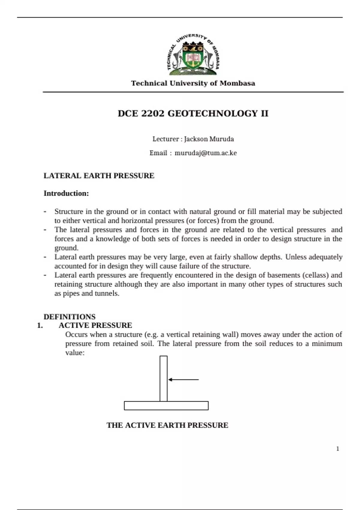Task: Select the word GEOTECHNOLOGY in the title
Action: click(x=212, y=113)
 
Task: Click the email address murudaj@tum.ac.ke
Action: click(x=205, y=153)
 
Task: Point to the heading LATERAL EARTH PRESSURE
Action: click(x=99, y=176)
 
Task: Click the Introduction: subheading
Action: click(x=66, y=193)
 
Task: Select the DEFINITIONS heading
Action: click(x=69, y=317)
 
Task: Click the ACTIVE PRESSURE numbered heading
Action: click(x=95, y=325)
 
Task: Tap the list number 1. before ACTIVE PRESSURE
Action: click(x=40, y=325)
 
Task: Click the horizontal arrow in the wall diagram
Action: click(x=183, y=379)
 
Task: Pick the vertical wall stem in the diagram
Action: click(x=163, y=378)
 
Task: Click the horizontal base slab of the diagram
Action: click(x=166, y=406)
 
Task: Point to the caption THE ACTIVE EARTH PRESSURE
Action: click(x=167, y=425)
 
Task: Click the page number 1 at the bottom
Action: click(x=337, y=449)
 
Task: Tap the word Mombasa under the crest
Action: click(x=237, y=83)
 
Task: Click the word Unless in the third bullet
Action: click(x=295, y=257)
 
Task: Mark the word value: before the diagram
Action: click(x=75, y=353)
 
